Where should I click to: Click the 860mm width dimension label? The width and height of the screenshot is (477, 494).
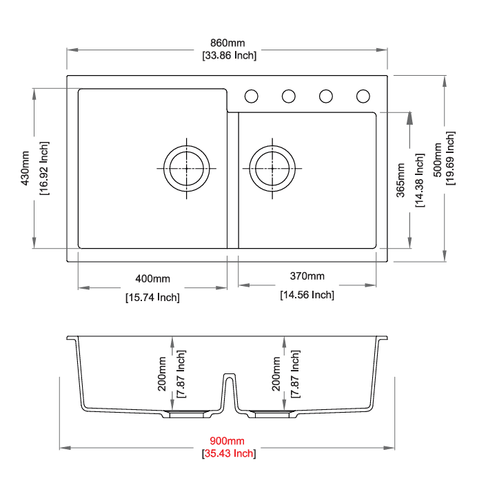click(x=227, y=43)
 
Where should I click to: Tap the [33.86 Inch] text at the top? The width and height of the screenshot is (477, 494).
click(x=230, y=55)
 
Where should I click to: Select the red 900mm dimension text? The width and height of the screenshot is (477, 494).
click(x=227, y=440)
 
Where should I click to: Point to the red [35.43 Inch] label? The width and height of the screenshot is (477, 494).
click(x=229, y=453)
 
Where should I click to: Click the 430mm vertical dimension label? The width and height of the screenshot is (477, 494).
click(x=26, y=168)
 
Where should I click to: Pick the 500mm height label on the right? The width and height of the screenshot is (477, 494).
click(x=438, y=160)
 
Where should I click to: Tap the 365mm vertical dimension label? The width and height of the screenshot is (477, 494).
click(x=400, y=181)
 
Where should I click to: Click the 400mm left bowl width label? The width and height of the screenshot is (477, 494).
click(x=152, y=278)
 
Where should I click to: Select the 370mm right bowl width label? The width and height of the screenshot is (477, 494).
click(x=307, y=276)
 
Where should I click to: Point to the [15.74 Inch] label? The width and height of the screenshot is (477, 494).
click(x=152, y=298)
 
